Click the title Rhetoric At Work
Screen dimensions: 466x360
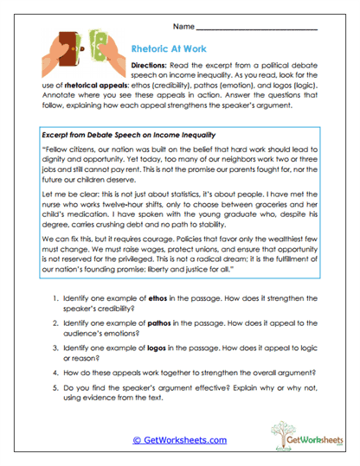point(169,50)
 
